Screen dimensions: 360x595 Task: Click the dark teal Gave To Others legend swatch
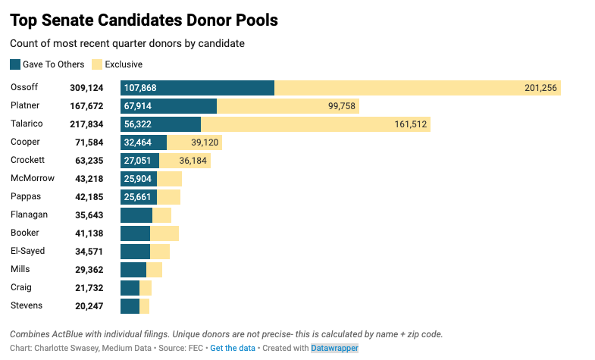point(15,64)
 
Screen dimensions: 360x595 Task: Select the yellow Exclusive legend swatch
point(97,64)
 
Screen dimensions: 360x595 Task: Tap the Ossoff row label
point(24,87)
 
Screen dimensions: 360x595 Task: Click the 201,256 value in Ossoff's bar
point(540,88)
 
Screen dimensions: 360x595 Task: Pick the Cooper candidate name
point(25,142)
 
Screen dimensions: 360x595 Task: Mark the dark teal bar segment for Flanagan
point(136,215)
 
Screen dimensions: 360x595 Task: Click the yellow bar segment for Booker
point(164,233)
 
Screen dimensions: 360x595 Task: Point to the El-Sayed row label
point(27,251)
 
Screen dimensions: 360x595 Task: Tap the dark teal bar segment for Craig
point(130,288)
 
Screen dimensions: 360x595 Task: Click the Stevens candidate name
point(27,305)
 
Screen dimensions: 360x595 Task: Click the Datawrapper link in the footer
point(334,348)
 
